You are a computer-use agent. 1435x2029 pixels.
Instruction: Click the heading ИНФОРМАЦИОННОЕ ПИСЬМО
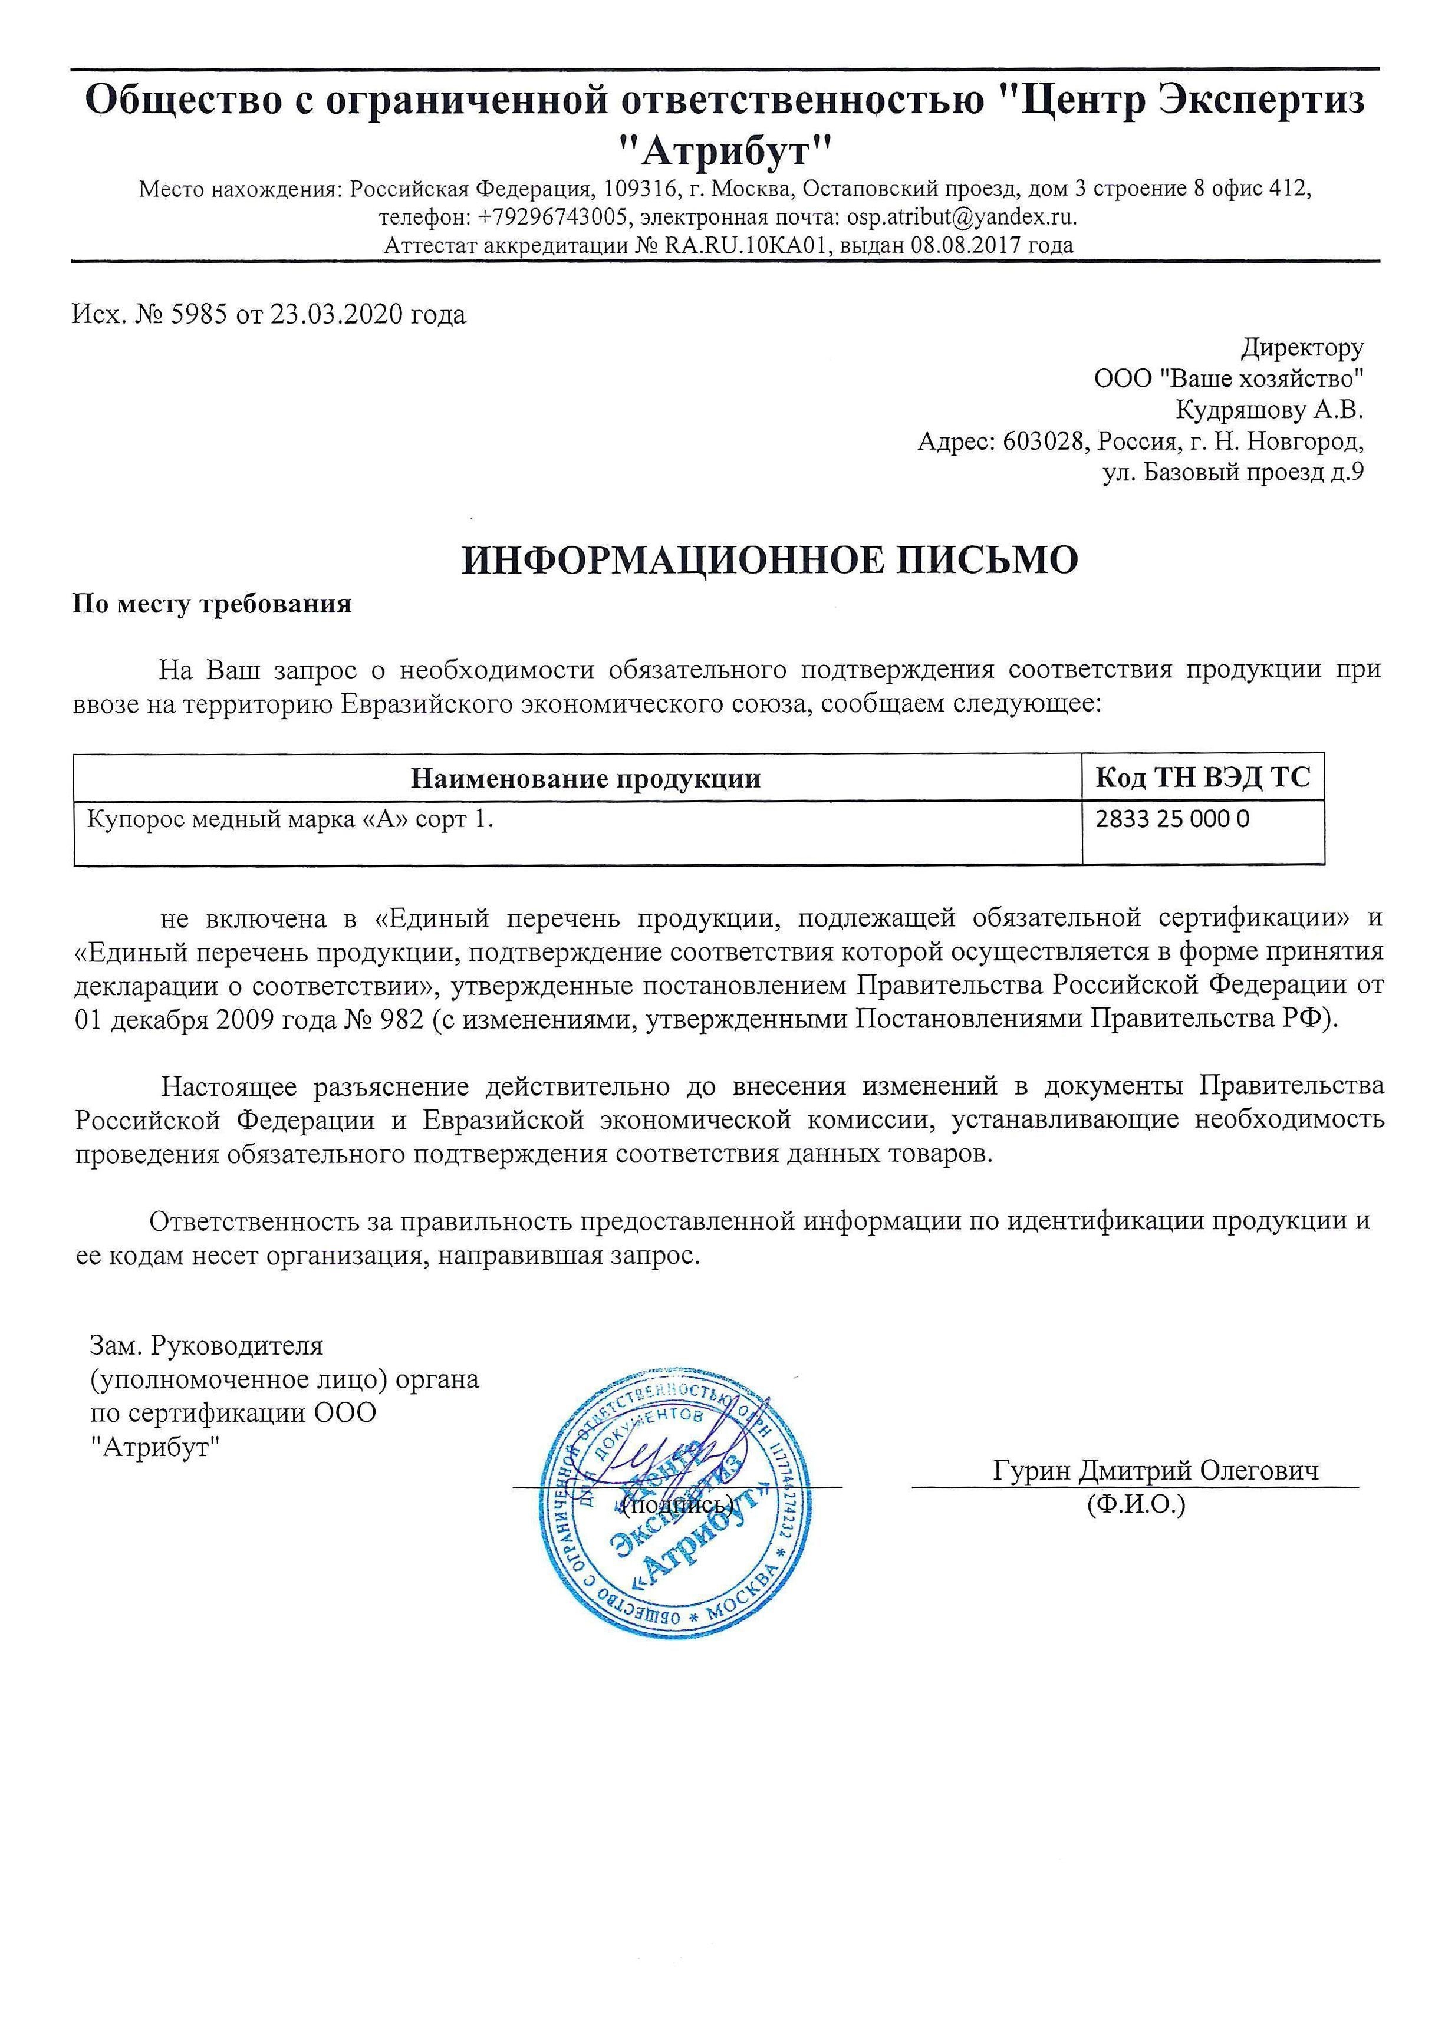[769, 560]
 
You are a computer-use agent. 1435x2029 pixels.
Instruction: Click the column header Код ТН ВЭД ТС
[1203, 778]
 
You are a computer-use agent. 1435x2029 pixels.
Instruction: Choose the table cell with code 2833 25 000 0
[1173, 819]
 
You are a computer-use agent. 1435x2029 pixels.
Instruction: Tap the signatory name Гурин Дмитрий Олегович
[1156, 1471]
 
